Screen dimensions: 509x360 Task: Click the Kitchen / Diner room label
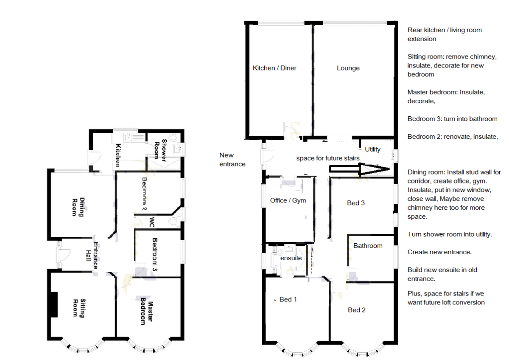(x=274, y=68)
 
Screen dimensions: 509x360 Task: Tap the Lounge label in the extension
(x=348, y=68)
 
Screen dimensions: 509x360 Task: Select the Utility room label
(x=372, y=149)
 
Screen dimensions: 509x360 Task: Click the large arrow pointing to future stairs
(x=359, y=169)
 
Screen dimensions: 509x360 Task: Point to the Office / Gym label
(x=288, y=200)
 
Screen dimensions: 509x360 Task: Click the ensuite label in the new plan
(x=291, y=258)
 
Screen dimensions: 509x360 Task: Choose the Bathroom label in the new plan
(x=368, y=246)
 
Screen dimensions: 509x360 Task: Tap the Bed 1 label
(x=288, y=299)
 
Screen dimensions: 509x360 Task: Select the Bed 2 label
(x=357, y=310)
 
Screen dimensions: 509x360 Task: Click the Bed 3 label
(x=355, y=203)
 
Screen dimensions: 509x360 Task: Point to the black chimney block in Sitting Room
(x=54, y=304)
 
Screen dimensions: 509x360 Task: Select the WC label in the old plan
(x=152, y=222)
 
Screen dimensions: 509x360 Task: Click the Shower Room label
(x=160, y=150)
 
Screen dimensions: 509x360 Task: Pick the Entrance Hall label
(x=92, y=256)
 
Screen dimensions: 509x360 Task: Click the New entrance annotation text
(x=232, y=160)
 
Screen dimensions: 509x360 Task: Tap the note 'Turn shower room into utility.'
(x=450, y=234)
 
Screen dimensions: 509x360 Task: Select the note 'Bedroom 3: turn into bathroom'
(x=453, y=119)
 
